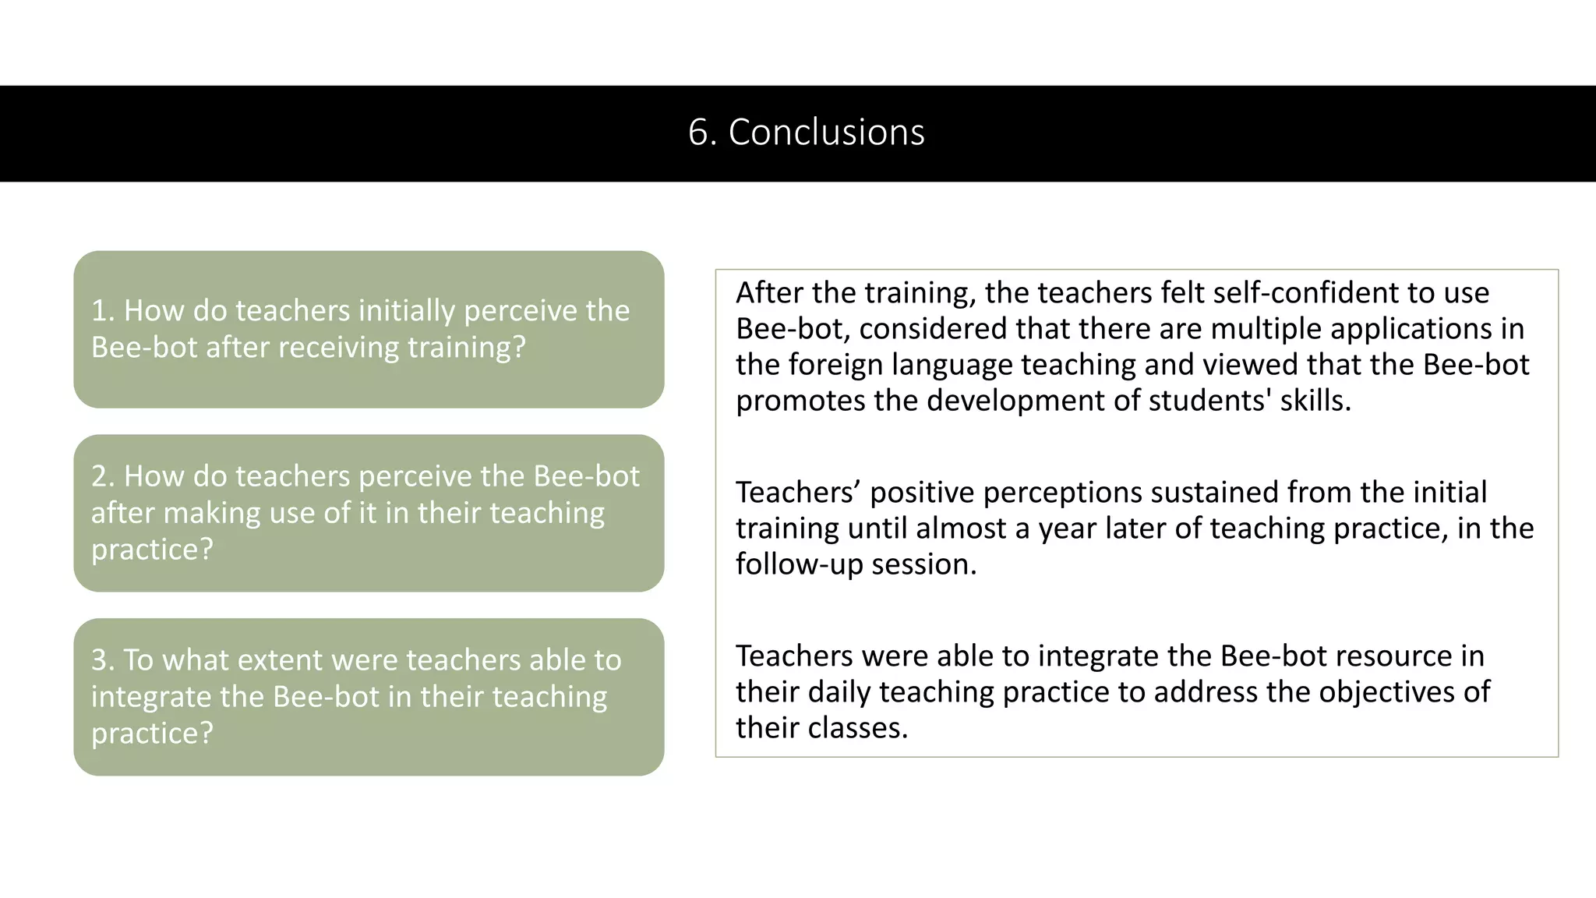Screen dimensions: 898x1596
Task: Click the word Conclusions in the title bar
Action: click(x=826, y=133)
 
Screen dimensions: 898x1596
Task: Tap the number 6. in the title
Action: click(x=702, y=133)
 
